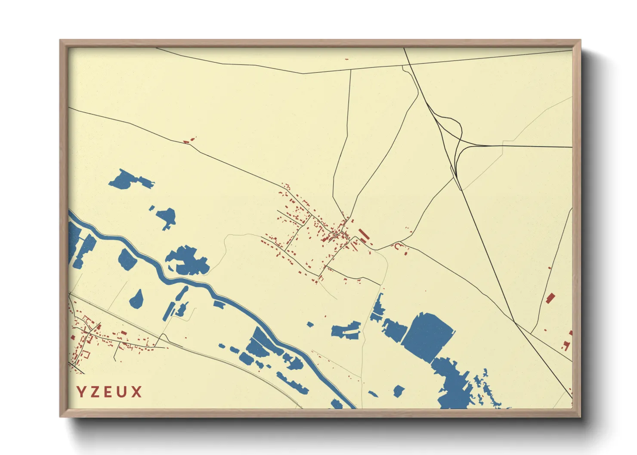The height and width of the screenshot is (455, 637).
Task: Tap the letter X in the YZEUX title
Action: (x=137, y=392)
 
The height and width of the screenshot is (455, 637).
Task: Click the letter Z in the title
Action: (x=95, y=392)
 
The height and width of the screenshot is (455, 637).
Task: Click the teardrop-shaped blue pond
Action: (x=136, y=299)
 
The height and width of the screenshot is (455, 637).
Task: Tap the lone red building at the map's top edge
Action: (x=346, y=59)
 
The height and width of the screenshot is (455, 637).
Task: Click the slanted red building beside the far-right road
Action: (x=550, y=298)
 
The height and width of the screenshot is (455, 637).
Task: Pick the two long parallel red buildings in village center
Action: (x=363, y=235)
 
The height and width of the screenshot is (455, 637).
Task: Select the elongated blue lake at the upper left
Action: (x=129, y=180)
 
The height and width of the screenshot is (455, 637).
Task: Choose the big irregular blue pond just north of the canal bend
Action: (x=188, y=261)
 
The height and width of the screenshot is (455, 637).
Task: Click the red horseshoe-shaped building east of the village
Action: (x=398, y=246)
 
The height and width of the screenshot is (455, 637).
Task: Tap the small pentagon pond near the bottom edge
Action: (x=399, y=391)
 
